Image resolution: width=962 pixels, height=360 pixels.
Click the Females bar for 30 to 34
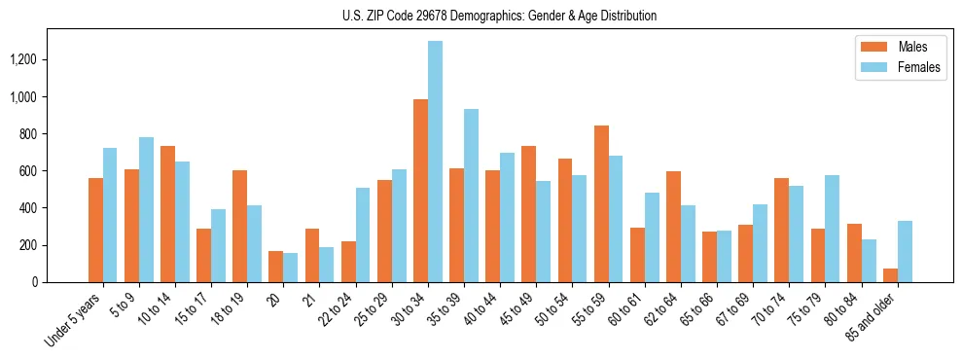click(435, 162)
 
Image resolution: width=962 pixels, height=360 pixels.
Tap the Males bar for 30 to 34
click(420, 191)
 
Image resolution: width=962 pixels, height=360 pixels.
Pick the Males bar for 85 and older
click(890, 275)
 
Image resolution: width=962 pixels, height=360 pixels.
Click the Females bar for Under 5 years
click(110, 215)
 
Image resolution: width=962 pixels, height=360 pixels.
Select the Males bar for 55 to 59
click(601, 204)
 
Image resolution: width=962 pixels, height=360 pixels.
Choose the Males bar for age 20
click(276, 267)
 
